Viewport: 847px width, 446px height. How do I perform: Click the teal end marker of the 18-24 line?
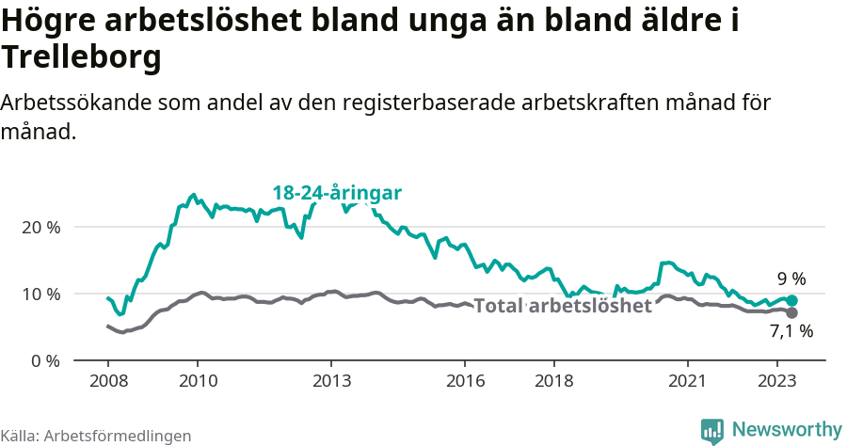pyautogui.click(x=791, y=300)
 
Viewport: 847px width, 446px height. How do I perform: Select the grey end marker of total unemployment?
pyautogui.click(x=791, y=312)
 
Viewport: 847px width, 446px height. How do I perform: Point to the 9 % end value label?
pyautogui.click(x=791, y=279)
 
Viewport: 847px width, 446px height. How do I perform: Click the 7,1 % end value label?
pyautogui.click(x=791, y=331)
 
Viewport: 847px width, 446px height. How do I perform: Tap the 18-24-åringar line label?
pyautogui.click(x=337, y=193)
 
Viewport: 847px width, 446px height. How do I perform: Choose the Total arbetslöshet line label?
pyautogui.click(x=562, y=306)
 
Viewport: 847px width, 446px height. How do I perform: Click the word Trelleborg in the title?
pyautogui.click(x=82, y=58)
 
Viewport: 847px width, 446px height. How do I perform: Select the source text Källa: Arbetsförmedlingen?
pyautogui.click(x=96, y=436)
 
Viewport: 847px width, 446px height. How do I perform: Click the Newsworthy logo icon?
pyautogui.click(x=712, y=430)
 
